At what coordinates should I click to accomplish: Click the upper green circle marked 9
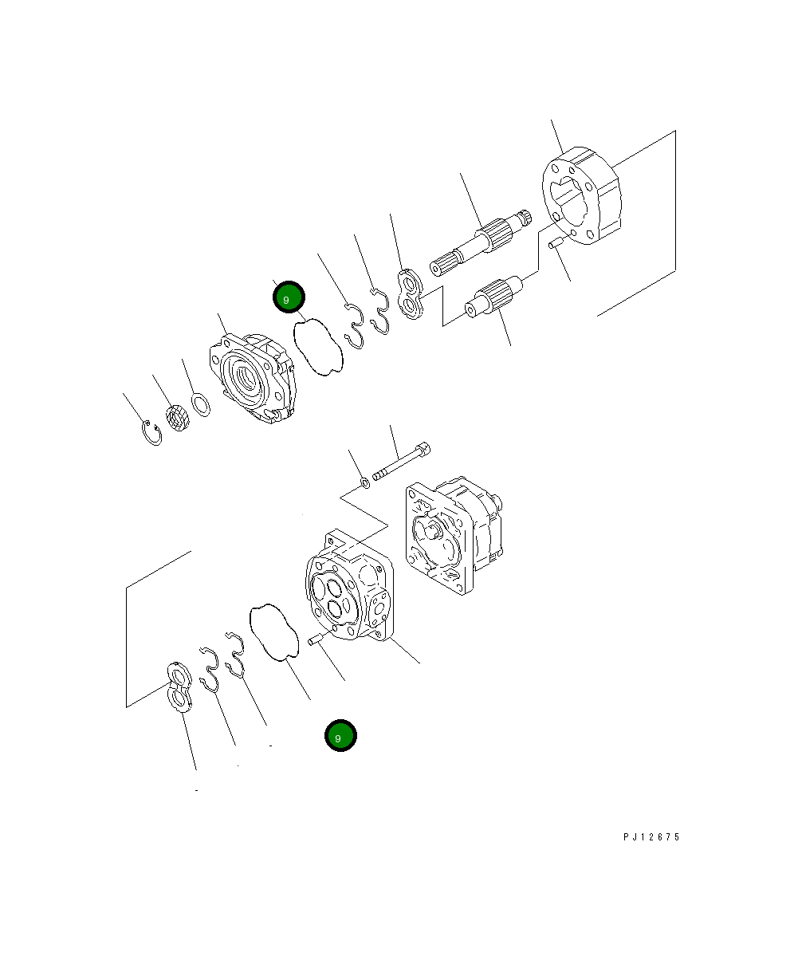click(x=289, y=297)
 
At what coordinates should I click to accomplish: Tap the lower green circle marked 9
click(x=340, y=736)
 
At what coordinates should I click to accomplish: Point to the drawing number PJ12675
click(x=651, y=837)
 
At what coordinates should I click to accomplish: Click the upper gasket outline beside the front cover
click(x=319, y=346)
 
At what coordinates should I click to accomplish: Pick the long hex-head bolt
click(x=403, y=462)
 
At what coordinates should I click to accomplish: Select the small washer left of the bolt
click(x=364, y=482)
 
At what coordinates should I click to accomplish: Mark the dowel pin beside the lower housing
click(x=315, y=639)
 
